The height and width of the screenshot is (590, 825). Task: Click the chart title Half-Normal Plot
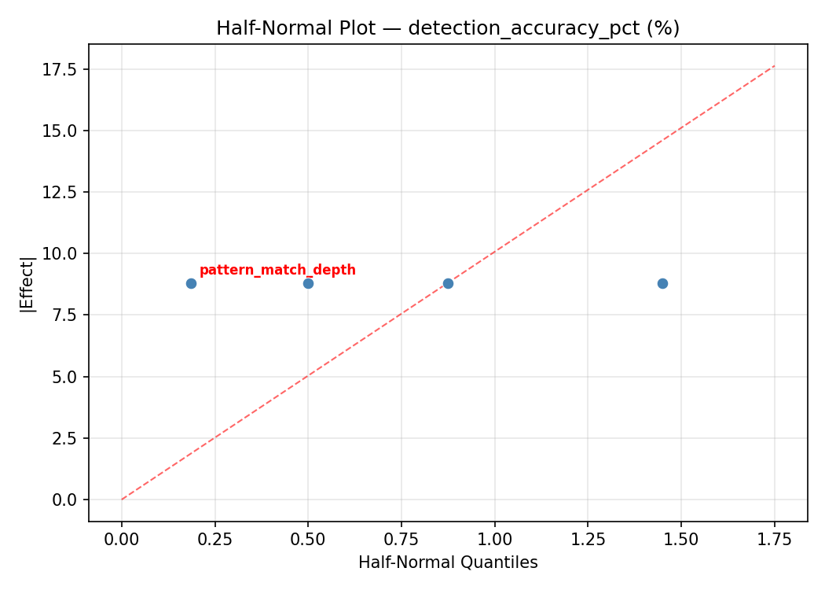448,28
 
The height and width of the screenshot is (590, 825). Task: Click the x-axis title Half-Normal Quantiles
448,562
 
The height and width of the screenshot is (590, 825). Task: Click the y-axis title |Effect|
27,283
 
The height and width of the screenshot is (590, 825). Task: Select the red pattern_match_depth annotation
277,271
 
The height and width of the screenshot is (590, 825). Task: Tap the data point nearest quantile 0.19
191,283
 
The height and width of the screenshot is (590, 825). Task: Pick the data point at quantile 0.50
308,283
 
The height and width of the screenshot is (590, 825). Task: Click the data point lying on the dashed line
448,283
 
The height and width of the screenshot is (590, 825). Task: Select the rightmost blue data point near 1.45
662,283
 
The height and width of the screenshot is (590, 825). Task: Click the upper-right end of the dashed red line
774,66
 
